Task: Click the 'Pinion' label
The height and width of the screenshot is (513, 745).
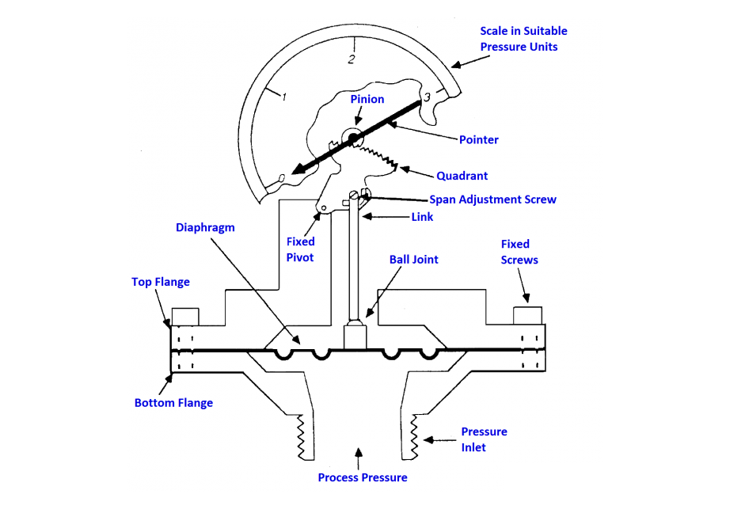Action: [x=367, y=99]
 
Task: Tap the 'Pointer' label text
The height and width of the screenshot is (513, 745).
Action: [x=479, y=139]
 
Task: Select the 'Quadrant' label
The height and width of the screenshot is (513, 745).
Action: [x=462, y=176]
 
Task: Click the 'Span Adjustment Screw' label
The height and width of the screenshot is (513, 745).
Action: [x=492, y=199]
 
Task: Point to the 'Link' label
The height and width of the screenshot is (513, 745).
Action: [x=422, y=217]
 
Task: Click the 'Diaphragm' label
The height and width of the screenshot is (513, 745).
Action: [x=205, y=227]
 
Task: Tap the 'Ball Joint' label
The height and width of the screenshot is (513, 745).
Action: [x=413, y=259]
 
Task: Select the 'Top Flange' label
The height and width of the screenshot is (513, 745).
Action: [x=161, y=281]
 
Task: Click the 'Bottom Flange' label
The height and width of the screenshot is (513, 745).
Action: [x=173, y=403]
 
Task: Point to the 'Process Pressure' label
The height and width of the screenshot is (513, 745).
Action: [x=363, y=477]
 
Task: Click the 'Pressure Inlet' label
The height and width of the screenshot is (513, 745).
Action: [x=484, y=439]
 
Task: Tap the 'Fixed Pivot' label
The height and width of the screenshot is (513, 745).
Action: [x=301, y=249]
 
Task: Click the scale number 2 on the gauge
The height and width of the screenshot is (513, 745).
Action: [x=352, y=59]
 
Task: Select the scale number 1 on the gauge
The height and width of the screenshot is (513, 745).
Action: [x=284, y=97]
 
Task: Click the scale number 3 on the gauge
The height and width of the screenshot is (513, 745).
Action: [x=427, y=97]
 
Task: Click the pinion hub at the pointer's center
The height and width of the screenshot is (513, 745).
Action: [x=352, y=137]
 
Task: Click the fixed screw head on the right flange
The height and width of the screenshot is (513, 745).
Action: [x=527, y=315]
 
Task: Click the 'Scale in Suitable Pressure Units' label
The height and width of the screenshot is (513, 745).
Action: [x=523, y=39]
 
